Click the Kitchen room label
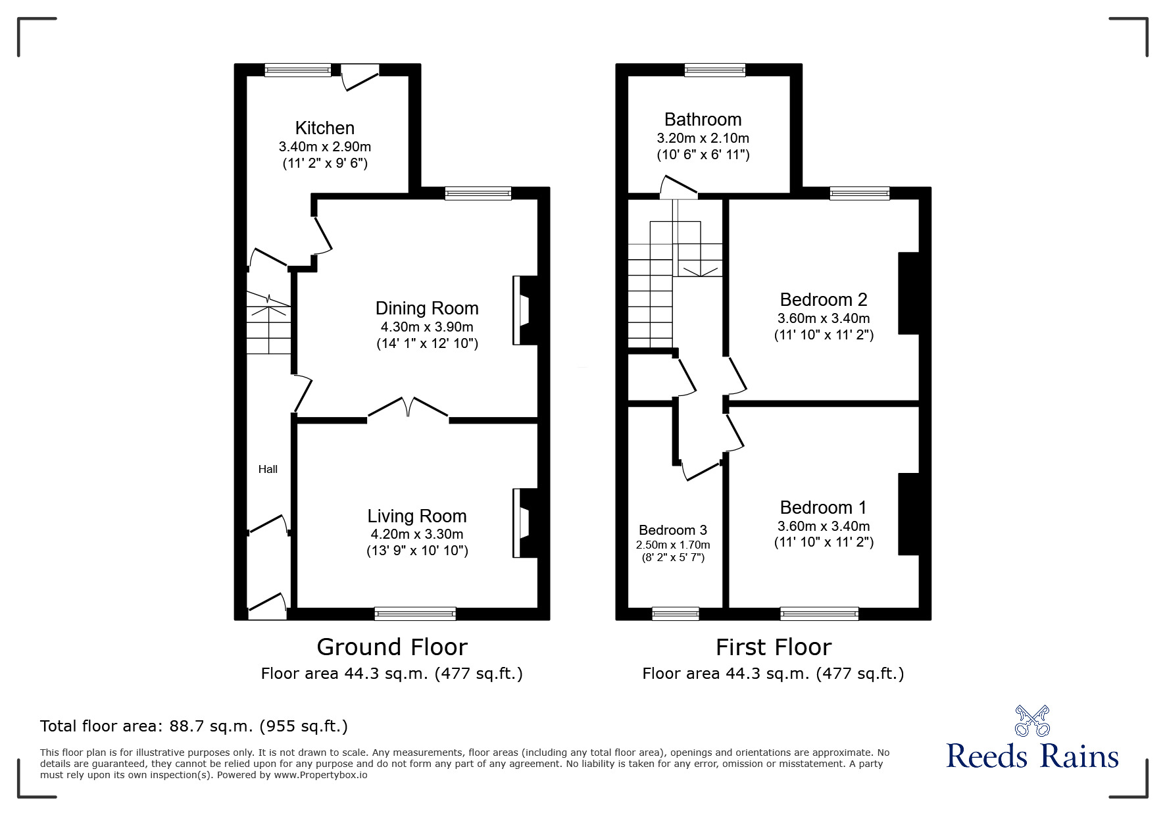[x=324, y=128]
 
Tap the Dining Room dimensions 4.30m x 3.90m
[x=426, y=327]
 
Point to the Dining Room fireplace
[x=526, y=310]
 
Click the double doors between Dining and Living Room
[x=409, y=408]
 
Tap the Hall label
[x=268, y=469]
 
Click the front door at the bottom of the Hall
[x=267, y=606]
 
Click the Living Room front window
[x=414, y=613]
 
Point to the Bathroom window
[x=714, y=70]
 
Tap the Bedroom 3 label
[x=672, y=530]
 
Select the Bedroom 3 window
[x=675, y=613]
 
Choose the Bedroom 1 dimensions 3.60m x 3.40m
[x=823, y=526]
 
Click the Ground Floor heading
[x=391, y=647]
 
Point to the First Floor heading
[x=773, y=647]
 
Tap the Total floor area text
[x=194, y=726]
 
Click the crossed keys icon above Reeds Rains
[x=1031, y=721]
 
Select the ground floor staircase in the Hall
[x=268, y=322]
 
